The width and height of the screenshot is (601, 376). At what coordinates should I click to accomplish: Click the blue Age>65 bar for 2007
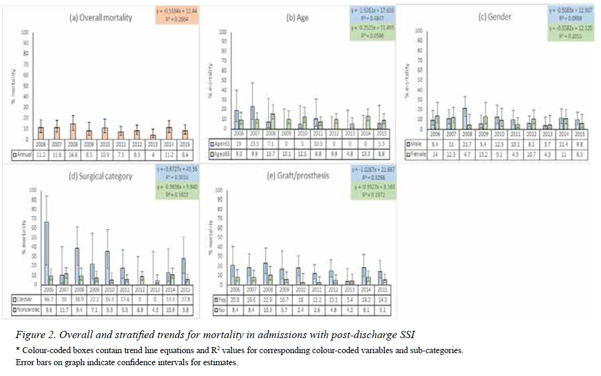pos(254,117)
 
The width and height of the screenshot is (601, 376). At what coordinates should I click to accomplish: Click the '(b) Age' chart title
pos(299,18)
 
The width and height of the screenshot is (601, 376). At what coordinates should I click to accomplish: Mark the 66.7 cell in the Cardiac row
pos(50,299)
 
